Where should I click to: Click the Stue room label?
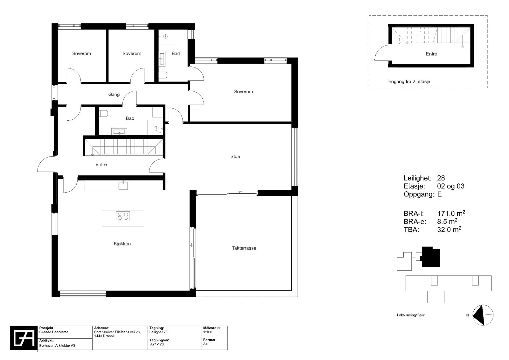tap(235, 157)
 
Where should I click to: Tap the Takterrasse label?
tap(244, 248)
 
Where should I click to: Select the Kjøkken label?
tap(122, 244)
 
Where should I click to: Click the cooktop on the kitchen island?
tap(123, 216)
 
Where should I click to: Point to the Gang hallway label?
tap(114, 95)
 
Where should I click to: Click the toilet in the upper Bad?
tap(163, 75)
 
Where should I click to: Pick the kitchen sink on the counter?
tap(123, 185)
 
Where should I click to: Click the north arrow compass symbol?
tap(483, 315)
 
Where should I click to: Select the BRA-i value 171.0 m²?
tap(451, 213)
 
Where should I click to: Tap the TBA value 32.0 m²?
tap(449, 229)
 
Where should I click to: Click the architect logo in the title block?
tap(24, 338)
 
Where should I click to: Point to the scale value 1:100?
tap(208, 332)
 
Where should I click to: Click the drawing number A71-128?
tap(157, 344)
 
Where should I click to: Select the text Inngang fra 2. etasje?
tap(408, 81)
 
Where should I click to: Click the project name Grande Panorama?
tap(54, 332)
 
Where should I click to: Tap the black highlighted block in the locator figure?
tap(431, 257)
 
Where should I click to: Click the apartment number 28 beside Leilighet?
tap(441, 178)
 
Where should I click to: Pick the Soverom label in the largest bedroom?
tap(243, 92)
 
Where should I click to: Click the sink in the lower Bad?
tap(119, 132)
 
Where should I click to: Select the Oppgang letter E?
tap(439, 194)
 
